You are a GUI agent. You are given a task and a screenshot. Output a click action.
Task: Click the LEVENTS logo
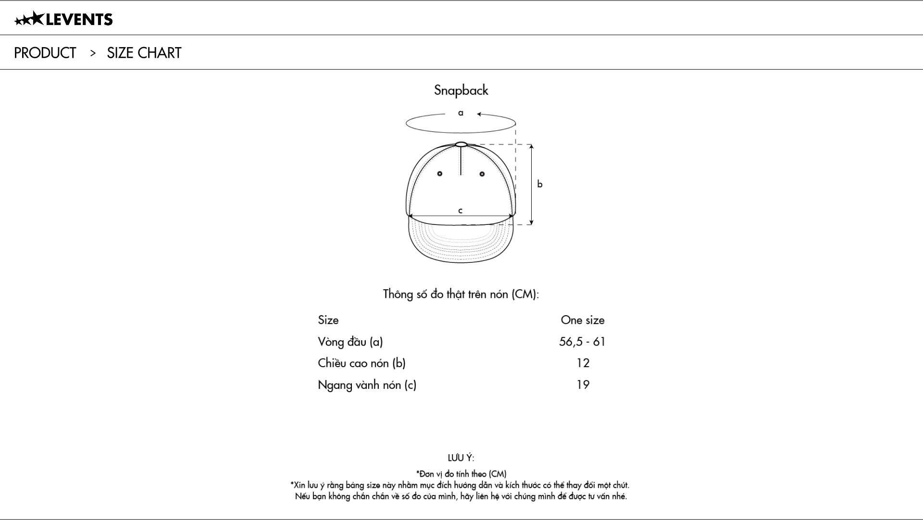click(x=63, y=19)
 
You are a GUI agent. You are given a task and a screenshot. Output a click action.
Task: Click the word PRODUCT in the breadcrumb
click(x=45, y=53)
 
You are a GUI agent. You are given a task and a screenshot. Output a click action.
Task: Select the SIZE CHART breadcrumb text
click(x=144, y=53)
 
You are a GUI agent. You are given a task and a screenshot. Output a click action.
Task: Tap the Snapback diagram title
click(x=461, y=90)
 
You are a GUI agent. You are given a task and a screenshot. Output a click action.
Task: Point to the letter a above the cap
click(x=461, y=113)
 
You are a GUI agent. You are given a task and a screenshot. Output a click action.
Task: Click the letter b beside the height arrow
click(x=540, y=184)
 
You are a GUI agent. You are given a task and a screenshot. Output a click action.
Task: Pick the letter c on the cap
click(x=461, y=210)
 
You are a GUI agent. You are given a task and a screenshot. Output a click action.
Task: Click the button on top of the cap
click(x=461, y=144)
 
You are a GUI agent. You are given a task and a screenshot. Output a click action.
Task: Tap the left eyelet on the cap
click(x=439, y=173)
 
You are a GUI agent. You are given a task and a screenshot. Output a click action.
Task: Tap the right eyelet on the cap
click(x=482, y=173)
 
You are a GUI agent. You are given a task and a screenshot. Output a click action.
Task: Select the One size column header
click(x=583, y=320)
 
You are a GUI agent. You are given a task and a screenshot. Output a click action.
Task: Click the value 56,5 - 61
click(x=583, y=342)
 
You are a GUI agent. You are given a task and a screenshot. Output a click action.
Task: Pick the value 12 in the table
click(x=583, y=363)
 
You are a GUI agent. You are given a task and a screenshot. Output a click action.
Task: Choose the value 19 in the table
click(x=583, y=384)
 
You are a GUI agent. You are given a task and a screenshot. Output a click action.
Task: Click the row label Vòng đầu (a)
click(x=350, y=342)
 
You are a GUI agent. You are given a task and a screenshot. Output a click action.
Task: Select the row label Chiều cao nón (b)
click(x=362, y=363)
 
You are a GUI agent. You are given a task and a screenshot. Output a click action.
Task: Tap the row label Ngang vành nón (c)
click(x=367, y=384)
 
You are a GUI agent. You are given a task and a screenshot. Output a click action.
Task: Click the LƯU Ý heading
click(x=461, y=458)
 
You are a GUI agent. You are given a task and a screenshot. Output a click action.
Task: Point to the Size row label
click(x=328, y=320)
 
